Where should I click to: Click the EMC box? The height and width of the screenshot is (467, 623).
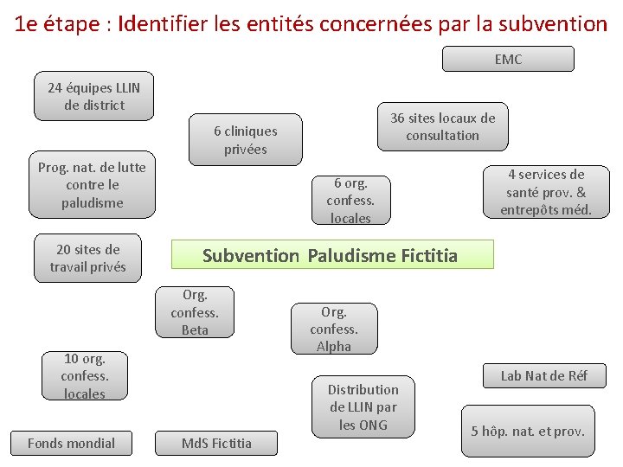pos(508,59)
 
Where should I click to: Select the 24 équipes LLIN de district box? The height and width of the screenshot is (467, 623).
pos(93,96)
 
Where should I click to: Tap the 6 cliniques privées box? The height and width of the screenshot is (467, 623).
pos(246,140)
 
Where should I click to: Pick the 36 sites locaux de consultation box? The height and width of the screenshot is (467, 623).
pos(442,126)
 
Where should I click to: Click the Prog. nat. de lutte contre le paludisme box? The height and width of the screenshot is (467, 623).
pos(92,185)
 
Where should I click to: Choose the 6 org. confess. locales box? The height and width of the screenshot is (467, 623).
pos(350,200)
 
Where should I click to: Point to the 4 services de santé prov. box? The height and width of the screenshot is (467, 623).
pos(546,192)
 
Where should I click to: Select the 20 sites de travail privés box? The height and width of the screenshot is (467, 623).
pos(87,258)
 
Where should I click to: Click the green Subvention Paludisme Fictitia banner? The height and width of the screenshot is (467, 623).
pos(332,255)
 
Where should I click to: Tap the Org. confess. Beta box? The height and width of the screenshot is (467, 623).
pos(195,312)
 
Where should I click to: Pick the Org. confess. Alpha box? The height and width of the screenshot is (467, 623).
pos(333,329)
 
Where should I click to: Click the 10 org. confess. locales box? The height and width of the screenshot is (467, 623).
pos(84,376)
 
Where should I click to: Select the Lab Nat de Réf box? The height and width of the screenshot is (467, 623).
pos(544,375)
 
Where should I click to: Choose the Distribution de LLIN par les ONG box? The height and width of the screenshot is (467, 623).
pos(363,406)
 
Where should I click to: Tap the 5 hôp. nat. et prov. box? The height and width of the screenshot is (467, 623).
pos(528,431)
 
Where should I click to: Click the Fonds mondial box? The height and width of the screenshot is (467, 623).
pos(71,443)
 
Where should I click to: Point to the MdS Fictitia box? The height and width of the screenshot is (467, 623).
pos(216,444)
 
